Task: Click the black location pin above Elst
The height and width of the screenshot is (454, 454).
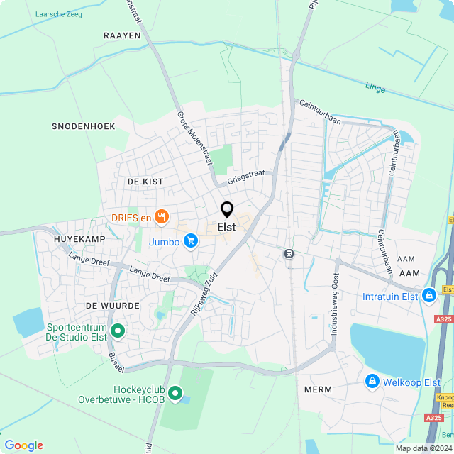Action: coord(227,210)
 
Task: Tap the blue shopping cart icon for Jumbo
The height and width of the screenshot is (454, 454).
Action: coord(190,242)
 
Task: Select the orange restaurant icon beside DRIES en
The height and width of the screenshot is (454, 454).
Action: coord(162,218)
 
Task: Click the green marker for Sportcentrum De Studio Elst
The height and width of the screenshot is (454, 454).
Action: coord(118,330)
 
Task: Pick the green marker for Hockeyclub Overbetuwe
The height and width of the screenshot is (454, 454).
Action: coord(175,392)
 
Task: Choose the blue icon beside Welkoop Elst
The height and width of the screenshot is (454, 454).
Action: coord(372,382)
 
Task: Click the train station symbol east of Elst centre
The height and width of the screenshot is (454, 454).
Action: coord(289,253)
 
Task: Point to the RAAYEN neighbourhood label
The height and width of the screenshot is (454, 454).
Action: coord(122,35)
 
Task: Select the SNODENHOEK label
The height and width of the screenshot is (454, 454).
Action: coord(84,126)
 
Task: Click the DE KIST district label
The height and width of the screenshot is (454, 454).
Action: coord(145,182)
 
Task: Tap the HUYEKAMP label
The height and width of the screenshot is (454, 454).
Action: coord(79,239)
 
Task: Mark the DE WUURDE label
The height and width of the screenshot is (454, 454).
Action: coord(110,304)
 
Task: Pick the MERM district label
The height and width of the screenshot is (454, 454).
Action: coord(318,389)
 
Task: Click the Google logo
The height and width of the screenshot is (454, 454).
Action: coord(23,445)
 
